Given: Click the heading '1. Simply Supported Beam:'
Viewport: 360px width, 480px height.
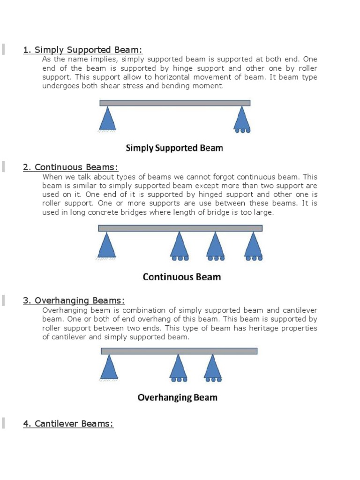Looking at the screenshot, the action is [x=83, y=50].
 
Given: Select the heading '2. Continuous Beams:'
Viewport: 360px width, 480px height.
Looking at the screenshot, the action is [x=70, y=167].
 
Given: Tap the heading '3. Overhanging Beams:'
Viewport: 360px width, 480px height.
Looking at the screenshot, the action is [x=74, y=300].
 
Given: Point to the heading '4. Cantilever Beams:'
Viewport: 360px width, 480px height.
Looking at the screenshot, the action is [x=68, y=424].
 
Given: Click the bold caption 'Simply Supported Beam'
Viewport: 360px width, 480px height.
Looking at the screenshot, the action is [x=174, y=148].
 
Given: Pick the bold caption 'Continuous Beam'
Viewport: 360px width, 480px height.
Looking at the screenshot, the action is [x=181, y=277].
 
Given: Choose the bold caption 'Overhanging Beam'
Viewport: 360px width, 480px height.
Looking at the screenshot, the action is [x=177, y=397].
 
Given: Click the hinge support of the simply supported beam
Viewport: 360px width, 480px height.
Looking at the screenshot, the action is [x=108, y=119].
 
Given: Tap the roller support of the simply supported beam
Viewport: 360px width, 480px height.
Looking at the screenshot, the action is [x=242, y=119].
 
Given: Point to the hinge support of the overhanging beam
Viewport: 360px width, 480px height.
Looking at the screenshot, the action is [x=109, y=367].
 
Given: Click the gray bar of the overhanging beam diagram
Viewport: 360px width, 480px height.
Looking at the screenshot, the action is [x=179, y=351].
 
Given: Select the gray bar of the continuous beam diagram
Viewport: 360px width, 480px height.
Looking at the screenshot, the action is [x=180, y=228].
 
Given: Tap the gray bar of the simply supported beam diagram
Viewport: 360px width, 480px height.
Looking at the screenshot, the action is [x=175, y=103].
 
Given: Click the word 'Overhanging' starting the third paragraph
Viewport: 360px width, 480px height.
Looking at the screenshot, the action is [x=63, y=310].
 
